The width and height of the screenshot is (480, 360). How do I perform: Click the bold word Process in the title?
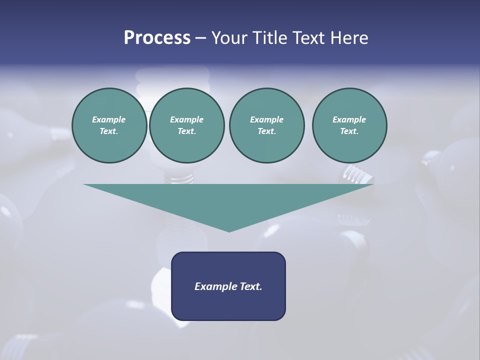click(157, 38)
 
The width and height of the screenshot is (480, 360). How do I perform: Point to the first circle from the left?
click(109, 125)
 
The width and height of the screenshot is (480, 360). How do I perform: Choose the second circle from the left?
click(187, 125)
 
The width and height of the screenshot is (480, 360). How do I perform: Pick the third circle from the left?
click(266, 125)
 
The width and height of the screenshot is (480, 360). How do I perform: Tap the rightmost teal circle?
click(349, 125)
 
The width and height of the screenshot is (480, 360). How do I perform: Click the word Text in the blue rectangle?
click(249, 286)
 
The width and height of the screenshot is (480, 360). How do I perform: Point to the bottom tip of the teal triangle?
click(229, 231)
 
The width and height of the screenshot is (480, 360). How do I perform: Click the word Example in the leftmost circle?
click(109, 119)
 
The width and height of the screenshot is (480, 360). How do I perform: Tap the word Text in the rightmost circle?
click(349, 131)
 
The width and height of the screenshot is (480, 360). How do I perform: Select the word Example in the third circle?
click(266, 119)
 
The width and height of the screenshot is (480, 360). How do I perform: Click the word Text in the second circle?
click(186, 131)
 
